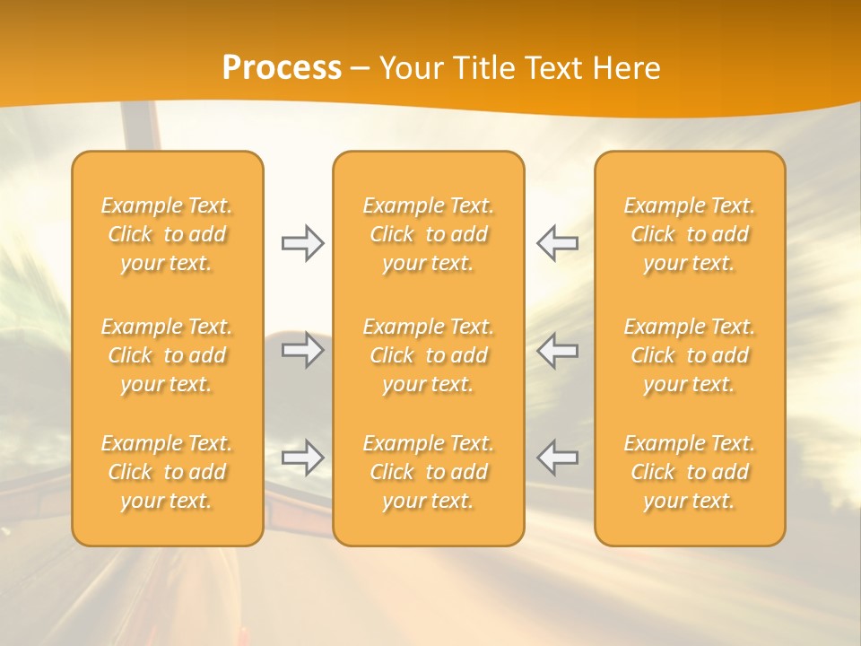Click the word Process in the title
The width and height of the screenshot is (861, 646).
[x=282, y=68]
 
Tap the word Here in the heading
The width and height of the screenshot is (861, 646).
[x=627, y=68]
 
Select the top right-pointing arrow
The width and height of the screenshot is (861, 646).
[x=302, y=243]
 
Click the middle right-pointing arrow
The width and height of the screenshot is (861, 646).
[x=302, y=350]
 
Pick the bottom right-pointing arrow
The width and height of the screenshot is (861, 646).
[x=302, y=458]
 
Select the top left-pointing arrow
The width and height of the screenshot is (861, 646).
[x=558, y=243]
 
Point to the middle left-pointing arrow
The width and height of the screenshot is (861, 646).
[x=558, y=350]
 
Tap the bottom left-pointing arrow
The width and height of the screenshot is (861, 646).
[x=558, y=458]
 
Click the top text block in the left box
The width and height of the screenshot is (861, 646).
[x=167, y=234]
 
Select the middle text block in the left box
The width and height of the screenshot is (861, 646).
[x=167, y=355]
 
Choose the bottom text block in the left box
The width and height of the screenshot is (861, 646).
[x=167, y=472]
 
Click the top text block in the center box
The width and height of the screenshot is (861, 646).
[x=429, y=234]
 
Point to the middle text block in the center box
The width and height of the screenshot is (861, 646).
[x=429, y=355]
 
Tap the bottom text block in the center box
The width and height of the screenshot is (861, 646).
[x=429, y=472]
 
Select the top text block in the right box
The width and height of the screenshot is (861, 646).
[x=690, y=234]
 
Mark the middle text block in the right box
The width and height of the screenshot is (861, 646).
[x=690, y=355]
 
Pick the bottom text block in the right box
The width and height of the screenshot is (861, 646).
[x=690, y=472]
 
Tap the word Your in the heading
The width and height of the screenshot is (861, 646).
[x=410, y=68]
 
